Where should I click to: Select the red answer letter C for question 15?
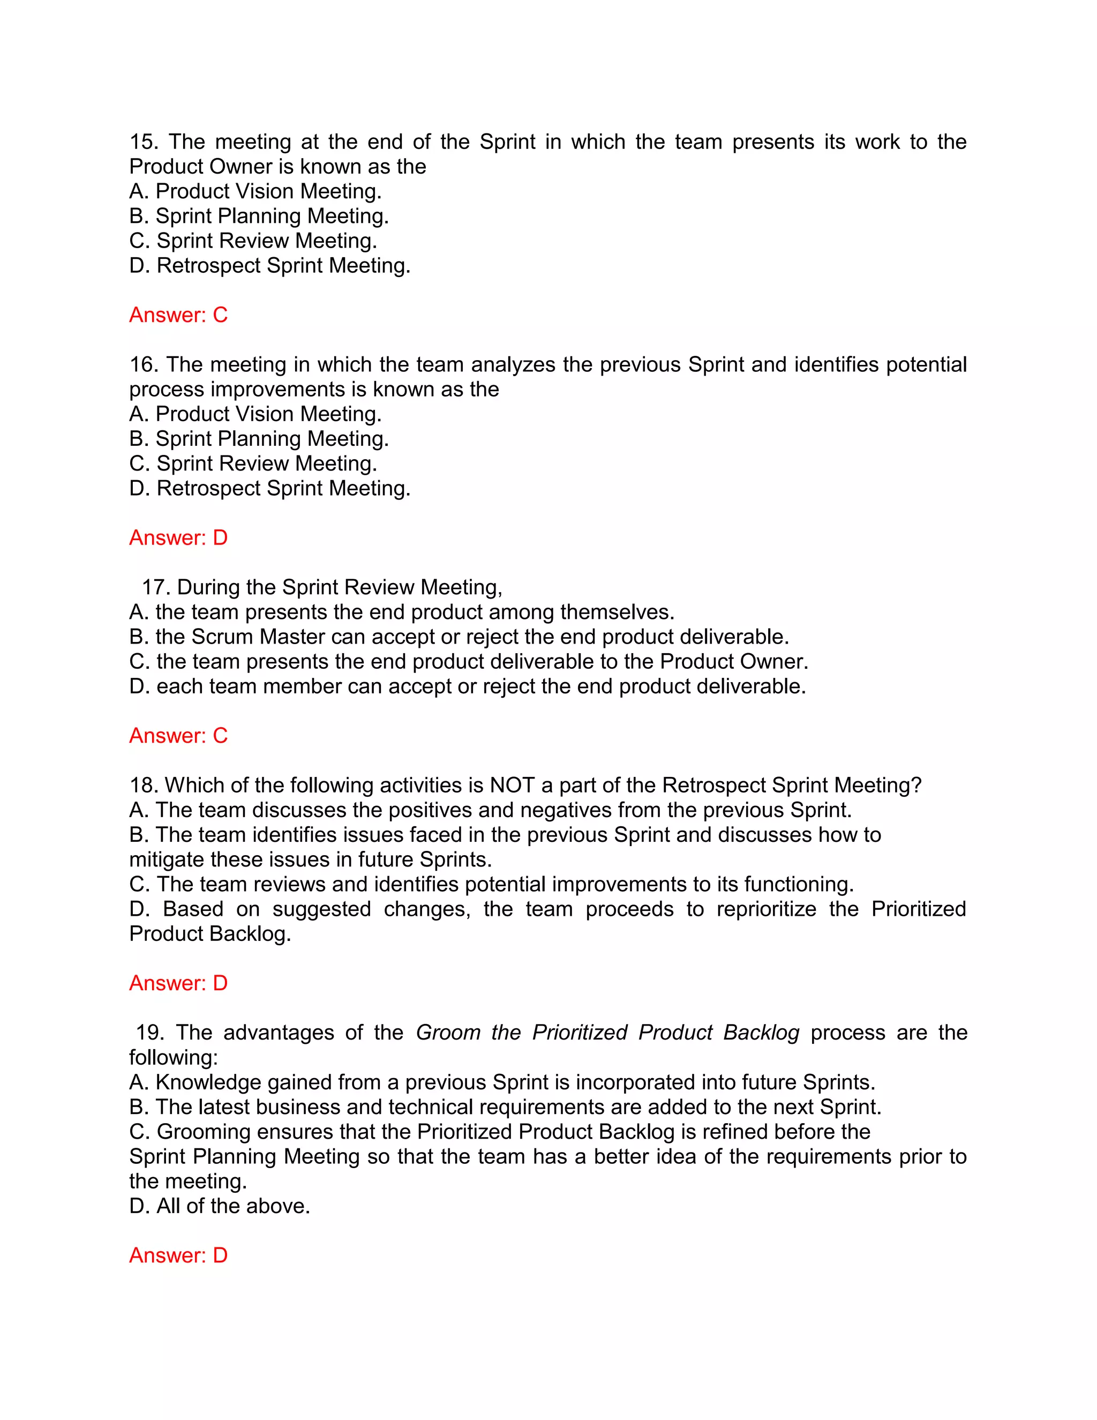220,315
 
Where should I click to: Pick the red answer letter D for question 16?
220,537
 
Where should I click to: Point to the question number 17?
155,587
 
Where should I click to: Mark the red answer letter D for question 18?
220,983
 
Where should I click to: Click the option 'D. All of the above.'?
220,1206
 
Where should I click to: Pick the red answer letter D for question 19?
220,1255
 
